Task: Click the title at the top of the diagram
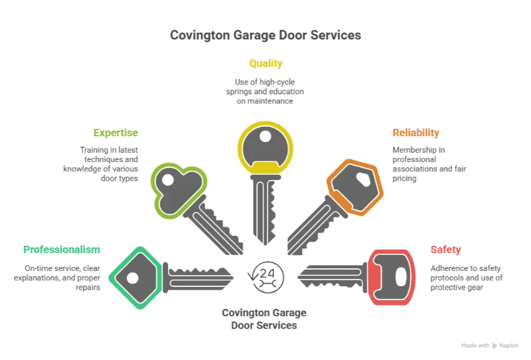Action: [265, 35]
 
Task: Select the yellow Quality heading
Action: [265, 64]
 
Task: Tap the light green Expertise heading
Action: [117, 133]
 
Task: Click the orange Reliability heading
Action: [415, 133]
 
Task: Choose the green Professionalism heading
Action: [61, 250]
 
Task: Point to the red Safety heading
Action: [445, 250]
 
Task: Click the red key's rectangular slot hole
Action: [400, 276]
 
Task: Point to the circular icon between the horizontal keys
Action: [265, 277]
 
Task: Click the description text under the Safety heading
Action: [467, 274]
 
